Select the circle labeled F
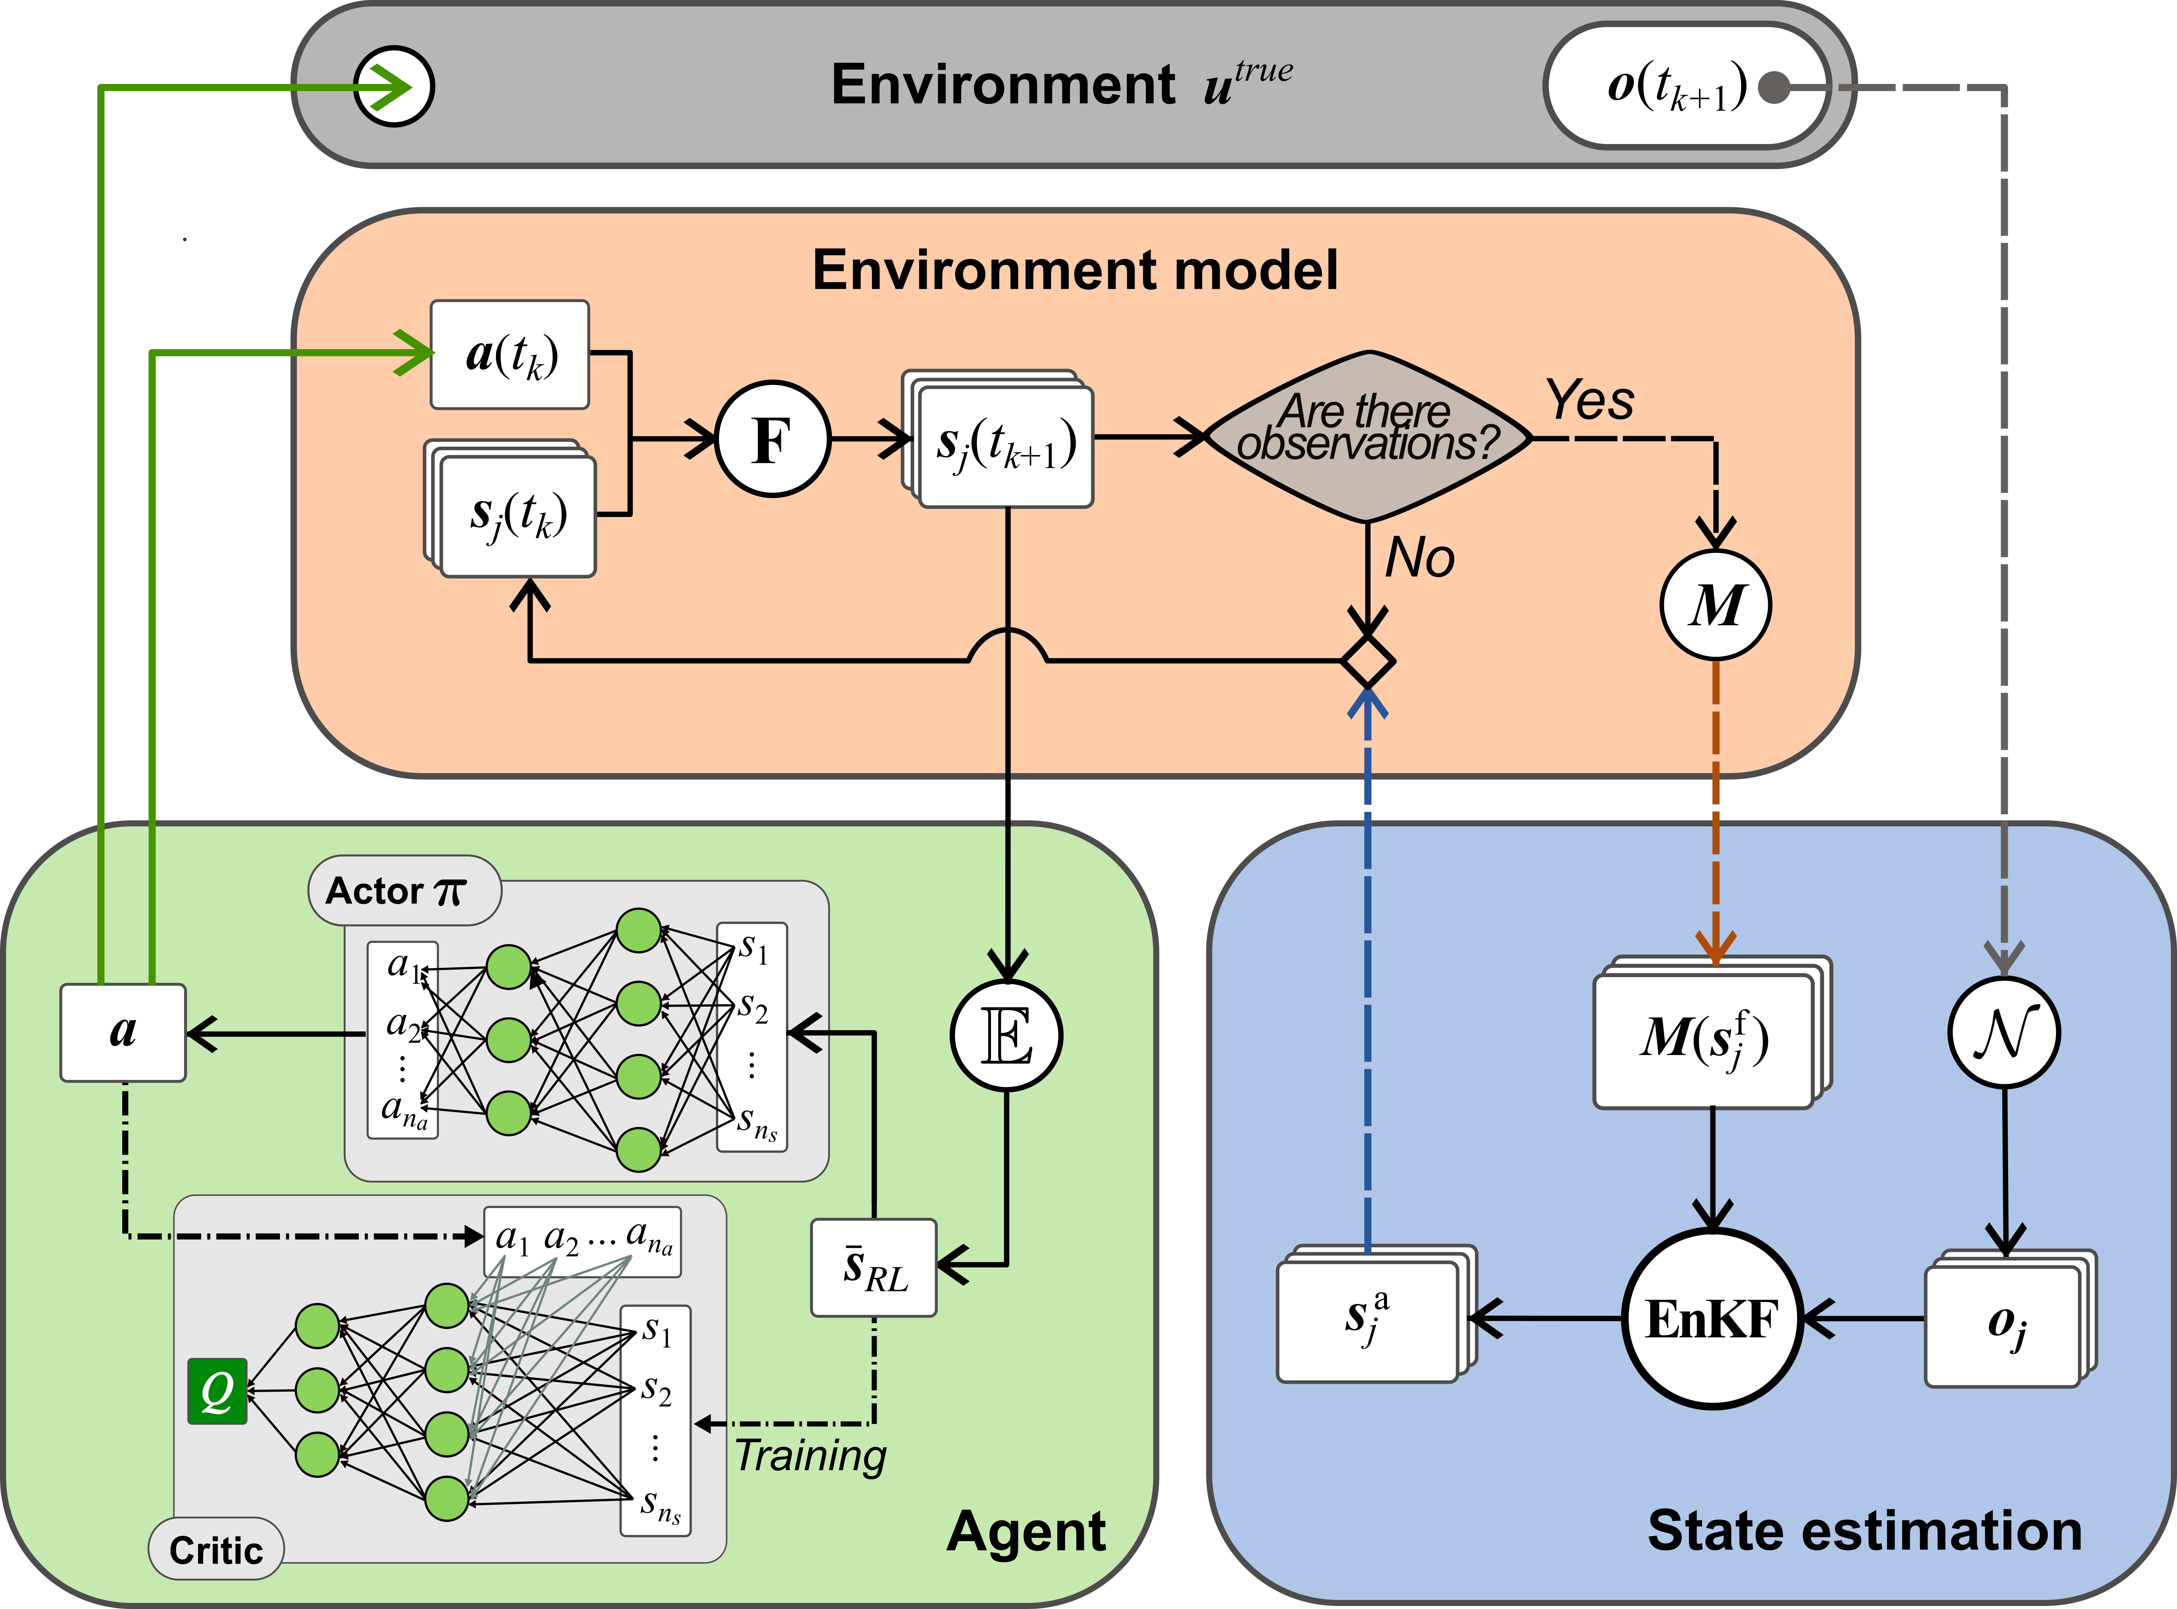point(772,439)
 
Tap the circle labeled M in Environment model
point(1716,605)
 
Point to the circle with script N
point(2004,1032)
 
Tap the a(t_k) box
point(510,354)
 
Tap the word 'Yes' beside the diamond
point(1590,400)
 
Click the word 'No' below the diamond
point(1419,558)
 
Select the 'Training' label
point(810,1455)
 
